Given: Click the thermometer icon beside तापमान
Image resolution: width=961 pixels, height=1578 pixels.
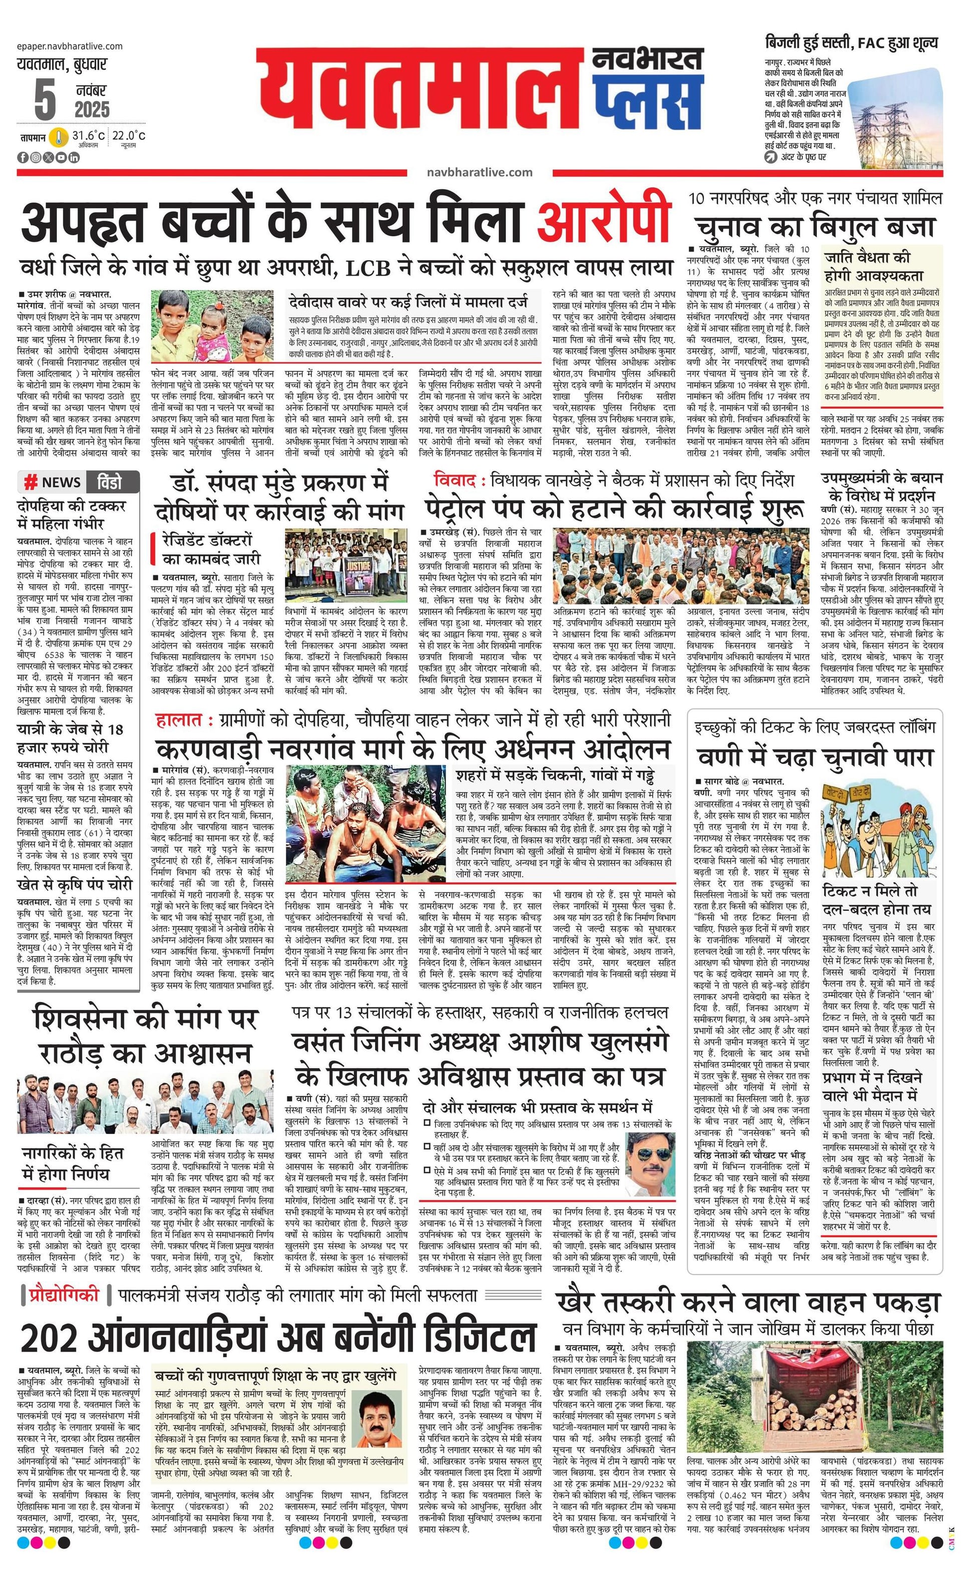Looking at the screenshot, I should click(60, 137).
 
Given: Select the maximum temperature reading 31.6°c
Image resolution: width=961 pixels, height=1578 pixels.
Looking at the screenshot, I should click(88, 136).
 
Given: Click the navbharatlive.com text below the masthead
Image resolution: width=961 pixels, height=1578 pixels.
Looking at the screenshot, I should click(479, 172).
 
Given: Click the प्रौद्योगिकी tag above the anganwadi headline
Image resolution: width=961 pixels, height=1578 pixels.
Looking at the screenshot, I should click(65, 1294).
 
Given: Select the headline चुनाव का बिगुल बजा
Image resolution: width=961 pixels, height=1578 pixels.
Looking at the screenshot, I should click(815, 227).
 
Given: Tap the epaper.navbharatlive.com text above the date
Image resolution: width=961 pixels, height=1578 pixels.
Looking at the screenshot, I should click(71, 46).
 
